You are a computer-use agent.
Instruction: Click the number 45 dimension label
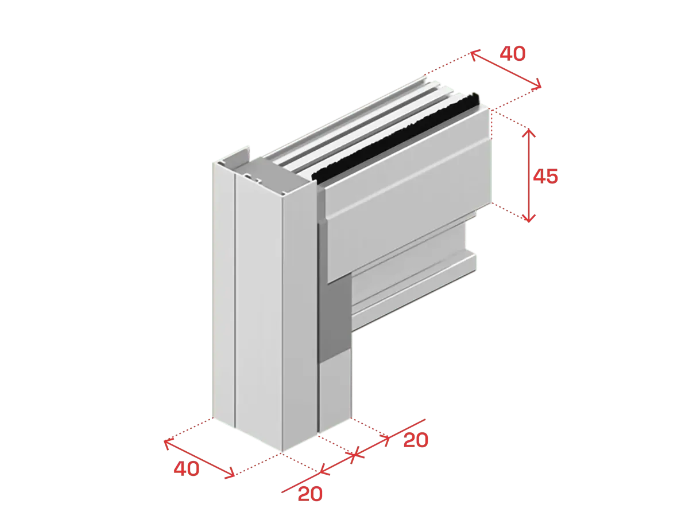pyautogui.click(x=545, y=176)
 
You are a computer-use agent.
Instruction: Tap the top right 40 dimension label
pyautogui.click(x=512, y=53)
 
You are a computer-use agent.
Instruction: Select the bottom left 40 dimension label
pyautogui.click(x=187, y=468)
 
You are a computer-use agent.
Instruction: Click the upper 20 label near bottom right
pyautogui.click(x=416, y=440)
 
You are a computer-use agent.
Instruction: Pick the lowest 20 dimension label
pyautogui.click(x=310, y=494)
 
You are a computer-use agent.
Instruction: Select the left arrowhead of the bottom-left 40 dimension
pyautogui.click(x=167, y=443)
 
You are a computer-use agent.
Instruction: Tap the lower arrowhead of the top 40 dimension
pyautogui.click(x=538, y=85)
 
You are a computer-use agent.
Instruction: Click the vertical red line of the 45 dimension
pyautogui.click(x=529, y=175)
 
